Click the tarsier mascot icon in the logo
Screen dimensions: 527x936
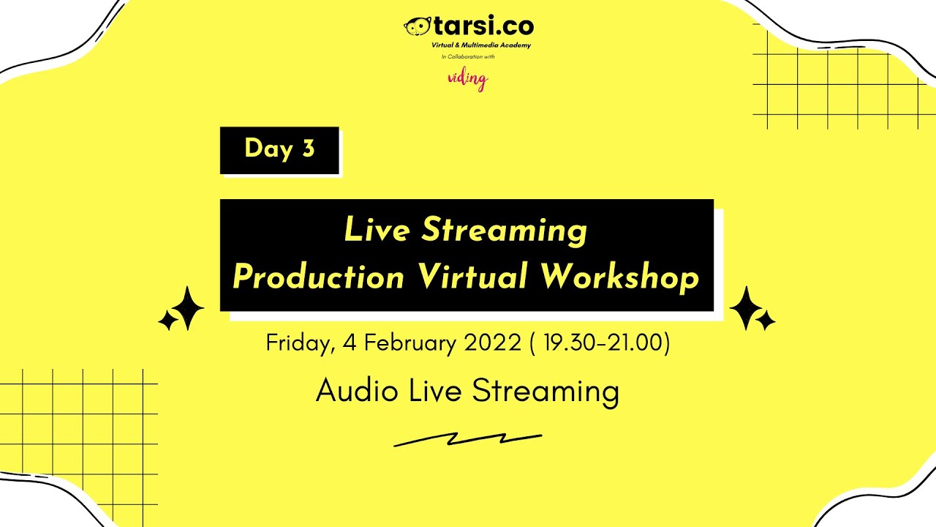417,27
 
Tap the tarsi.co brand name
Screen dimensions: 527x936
483,27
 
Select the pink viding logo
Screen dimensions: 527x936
467,79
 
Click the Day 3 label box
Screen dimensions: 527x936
279,150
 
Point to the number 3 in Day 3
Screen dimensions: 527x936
308,149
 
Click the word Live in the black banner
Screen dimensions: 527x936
377,231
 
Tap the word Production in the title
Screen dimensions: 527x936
318,277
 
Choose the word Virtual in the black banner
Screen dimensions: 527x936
472,277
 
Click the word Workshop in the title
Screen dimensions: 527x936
620,277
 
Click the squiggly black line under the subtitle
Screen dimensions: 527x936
467,439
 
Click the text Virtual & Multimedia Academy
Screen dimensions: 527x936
481,45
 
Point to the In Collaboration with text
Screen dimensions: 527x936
468,56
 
